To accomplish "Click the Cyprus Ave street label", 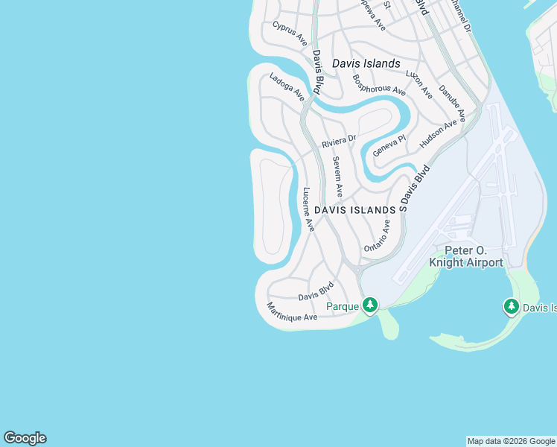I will click(x=290, y=34).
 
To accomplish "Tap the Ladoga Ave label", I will click(x=287, y=86).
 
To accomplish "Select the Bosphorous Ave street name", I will click(x=379, y=84).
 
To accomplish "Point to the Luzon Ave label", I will click(x=418, y=84).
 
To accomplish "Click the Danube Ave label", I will click(x=451, y=104).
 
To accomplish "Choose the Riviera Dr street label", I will click(x=339, y=140).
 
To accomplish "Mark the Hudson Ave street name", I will click(x=438, y=133).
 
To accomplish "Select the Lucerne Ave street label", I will click(x=308, y=209).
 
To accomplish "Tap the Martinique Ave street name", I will click(x=292, y=312).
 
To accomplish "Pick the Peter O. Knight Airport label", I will click(x=466, y=257).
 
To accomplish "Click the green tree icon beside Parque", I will click(x=370, y=305).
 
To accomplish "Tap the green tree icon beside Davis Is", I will click(x=511, y=306).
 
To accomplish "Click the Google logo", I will click(x=25, y=438).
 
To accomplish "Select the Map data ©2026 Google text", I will click(x=512, y=441).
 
